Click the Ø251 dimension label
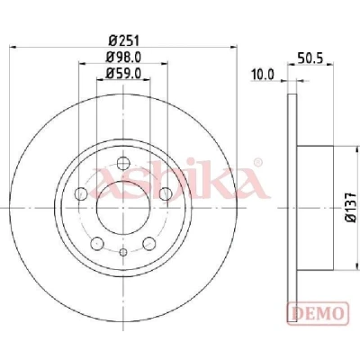[x=124, y=40]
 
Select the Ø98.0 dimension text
[x=123, y=57]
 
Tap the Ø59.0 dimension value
[x=123, y=73]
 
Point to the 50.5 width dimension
[x=310, y=58]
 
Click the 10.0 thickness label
[x=263, y=75]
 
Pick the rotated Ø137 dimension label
[x=351, y=207]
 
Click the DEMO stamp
[x=318, y=313]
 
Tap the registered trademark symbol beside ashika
[x=257, y=163]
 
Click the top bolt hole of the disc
[x=123, y=163]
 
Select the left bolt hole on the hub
[x=81, y=193]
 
